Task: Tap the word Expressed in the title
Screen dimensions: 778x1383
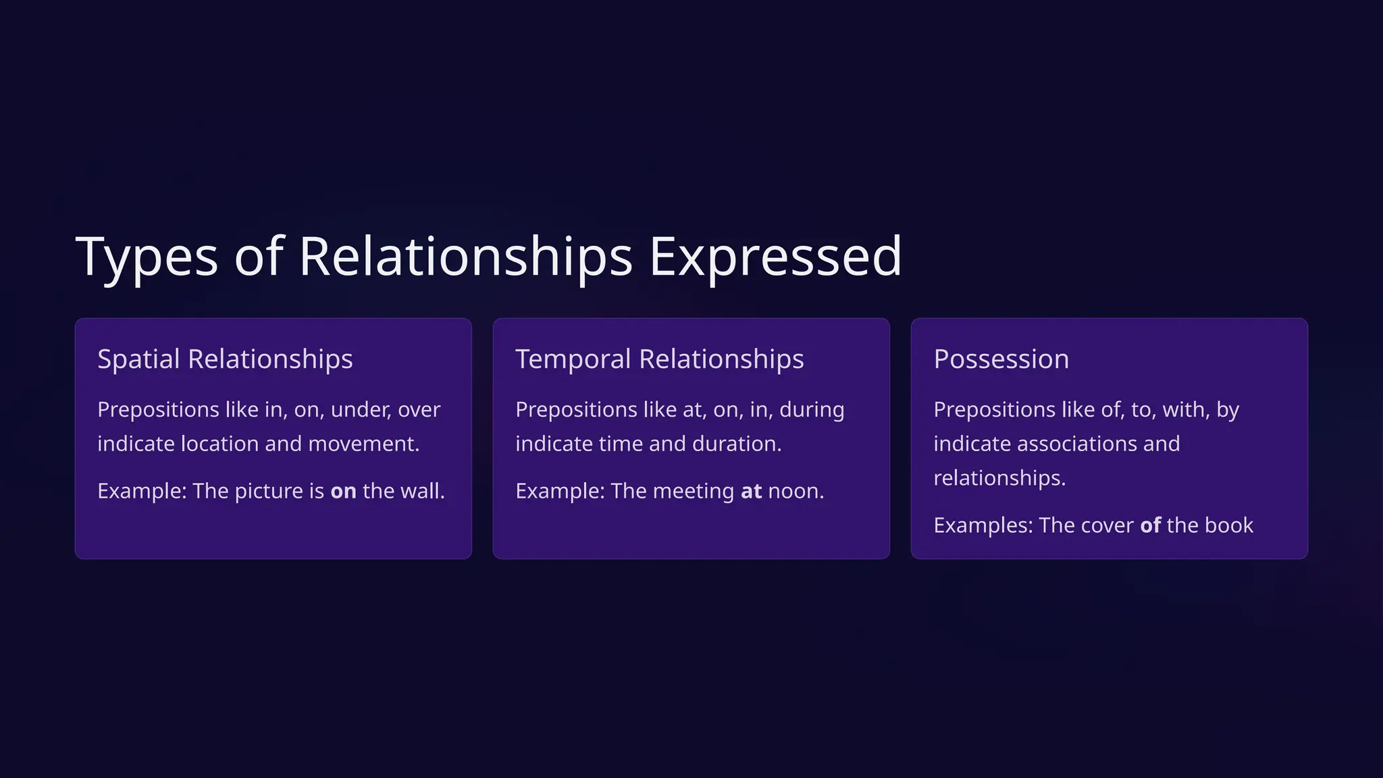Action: pos(775,257)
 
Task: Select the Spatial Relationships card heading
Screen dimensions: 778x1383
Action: pos(225,359)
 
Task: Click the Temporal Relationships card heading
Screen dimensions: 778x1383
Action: pos(659,359)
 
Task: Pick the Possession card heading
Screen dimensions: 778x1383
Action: pos(1001,359)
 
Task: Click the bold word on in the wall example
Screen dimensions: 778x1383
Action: pos(343,491)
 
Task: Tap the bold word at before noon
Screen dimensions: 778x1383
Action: pos(751,491)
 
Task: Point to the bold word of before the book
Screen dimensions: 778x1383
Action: pos(1150,525)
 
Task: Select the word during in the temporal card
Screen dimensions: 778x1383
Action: pos(812,410)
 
